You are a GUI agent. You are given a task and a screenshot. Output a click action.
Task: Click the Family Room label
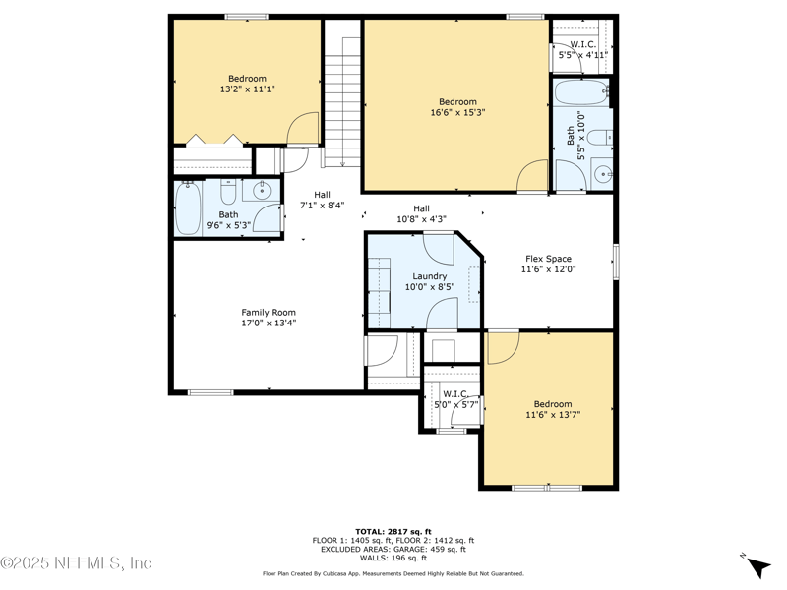pyautogui.click(x=269, y=313)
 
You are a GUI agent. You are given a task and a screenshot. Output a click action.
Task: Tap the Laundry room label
pyautogui.click(x=429, y=276)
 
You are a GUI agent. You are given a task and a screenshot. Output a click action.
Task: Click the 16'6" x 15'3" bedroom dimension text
pyautogui.click(x=457, y=113)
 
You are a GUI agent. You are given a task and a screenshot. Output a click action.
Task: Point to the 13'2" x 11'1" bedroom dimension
pyautogui.click(x=247, y=89)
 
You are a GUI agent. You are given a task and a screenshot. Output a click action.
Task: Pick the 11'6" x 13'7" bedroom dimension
pyautogui.click(x=553, y=416)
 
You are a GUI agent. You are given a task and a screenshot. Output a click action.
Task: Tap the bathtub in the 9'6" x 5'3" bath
pyautogui.click(x=188, y=209)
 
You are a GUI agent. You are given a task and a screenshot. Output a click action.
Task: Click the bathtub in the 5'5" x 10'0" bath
pyautogui.click(x=580, y=94)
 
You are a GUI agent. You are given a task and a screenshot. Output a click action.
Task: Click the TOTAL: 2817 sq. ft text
pyautogui.click(x=393, y=531)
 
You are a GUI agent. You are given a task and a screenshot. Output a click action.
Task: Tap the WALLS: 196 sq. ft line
pyautogui.click(x=393, y=558)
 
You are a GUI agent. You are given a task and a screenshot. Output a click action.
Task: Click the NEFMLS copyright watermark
pyautogui.click(x=76, y=563)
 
